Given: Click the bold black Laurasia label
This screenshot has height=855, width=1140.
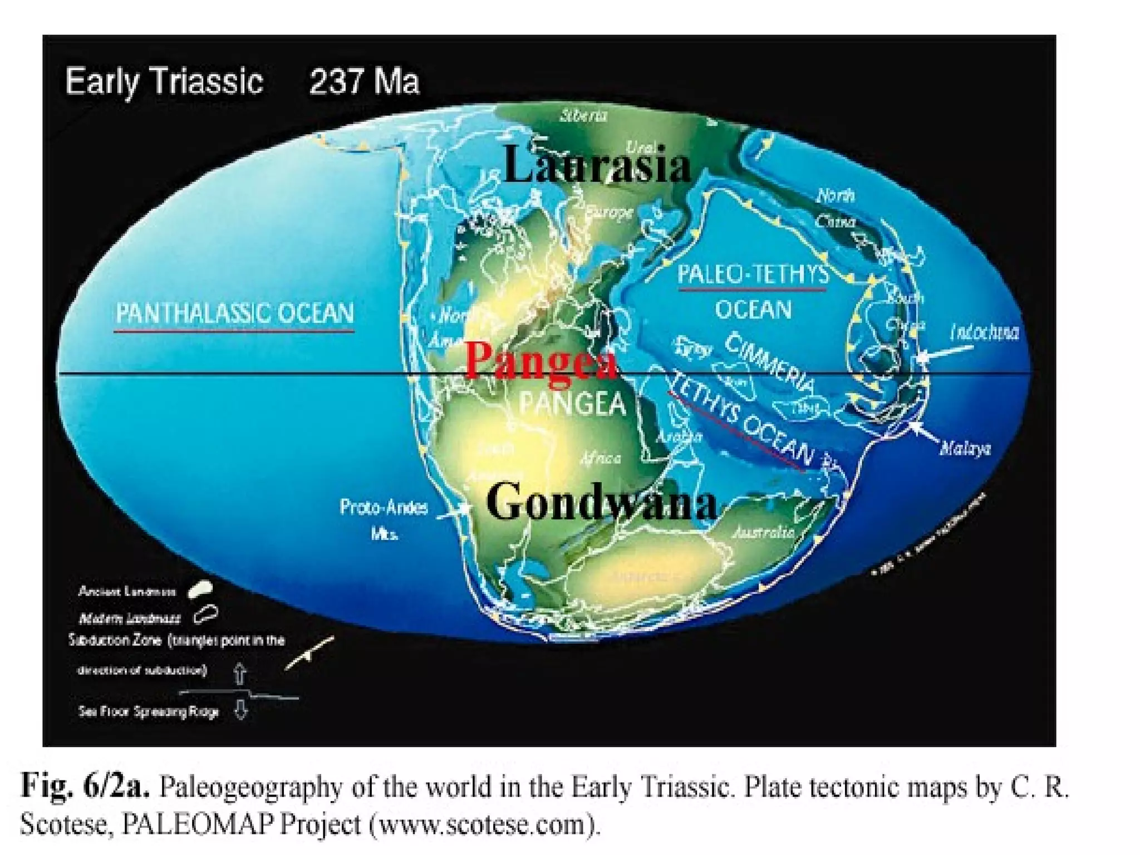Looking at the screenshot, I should tap(597, 165).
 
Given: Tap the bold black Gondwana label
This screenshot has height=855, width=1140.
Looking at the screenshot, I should tap(601, 502).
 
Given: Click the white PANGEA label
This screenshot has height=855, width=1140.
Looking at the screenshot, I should tap(573, 404).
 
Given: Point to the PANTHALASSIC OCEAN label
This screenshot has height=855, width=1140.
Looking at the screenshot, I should tap(234, 313).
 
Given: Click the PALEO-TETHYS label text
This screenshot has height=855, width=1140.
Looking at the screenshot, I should tap(753, 274).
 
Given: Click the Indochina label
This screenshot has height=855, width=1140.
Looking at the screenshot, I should tap(984, 332).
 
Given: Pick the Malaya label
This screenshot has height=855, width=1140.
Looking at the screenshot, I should tap(965, 449).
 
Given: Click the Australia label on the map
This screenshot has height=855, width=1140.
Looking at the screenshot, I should tap(763, 533).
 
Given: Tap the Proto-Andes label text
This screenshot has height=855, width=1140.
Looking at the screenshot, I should tap(384, 507).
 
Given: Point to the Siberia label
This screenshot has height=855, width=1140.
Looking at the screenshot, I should tap(583, 116).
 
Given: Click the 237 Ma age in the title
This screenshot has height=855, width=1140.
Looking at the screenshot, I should tap(364, 82).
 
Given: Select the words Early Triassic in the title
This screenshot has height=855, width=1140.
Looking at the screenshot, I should tap(164, 82).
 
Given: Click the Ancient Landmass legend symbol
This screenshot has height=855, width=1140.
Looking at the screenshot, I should tap(200, 591).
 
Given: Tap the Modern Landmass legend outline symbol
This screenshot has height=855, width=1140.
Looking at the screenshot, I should tap(205, 615).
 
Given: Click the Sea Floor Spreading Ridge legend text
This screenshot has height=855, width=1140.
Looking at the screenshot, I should tap(149, 711).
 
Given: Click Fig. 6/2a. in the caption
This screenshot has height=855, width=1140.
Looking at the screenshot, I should tap(85, 787).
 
